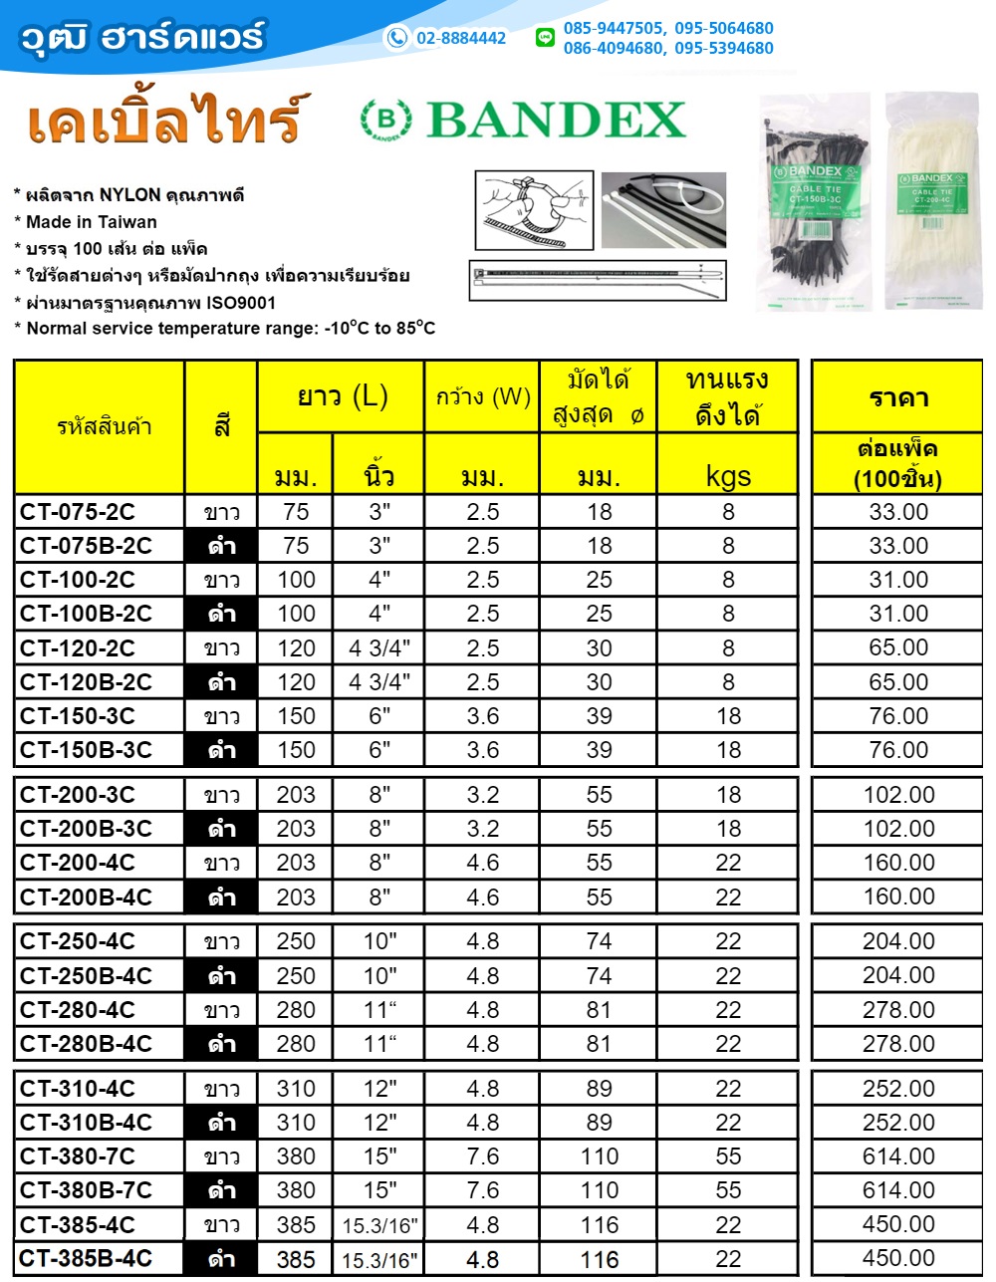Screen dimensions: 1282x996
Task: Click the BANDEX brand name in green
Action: (555, 121)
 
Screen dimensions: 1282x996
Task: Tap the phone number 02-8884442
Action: (460, 38)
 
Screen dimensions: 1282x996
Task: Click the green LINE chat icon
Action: (545, 38)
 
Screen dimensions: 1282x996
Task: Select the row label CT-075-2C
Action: (78, 512)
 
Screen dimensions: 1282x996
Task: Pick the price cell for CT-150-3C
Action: (898, 716)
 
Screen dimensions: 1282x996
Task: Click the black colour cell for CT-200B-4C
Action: (221, 897)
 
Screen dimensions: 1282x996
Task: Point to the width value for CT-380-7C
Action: (482, 1156)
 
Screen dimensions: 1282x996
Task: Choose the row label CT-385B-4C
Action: (86, 1259)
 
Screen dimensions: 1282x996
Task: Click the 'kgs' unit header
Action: (728, 476)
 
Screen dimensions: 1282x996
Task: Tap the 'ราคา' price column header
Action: (898, 397)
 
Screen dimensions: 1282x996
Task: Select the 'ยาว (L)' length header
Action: (342, 396)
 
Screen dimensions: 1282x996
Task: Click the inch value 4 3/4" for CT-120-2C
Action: (379, 648)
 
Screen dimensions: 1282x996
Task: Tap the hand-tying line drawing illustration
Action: (534, 210)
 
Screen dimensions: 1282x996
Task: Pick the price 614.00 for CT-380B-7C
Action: (898, 1190)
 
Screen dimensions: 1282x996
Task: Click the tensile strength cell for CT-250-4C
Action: (728, 941)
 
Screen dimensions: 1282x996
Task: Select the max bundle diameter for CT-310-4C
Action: (599, 1089)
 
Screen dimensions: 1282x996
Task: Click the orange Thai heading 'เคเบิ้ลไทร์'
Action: (164, 121)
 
